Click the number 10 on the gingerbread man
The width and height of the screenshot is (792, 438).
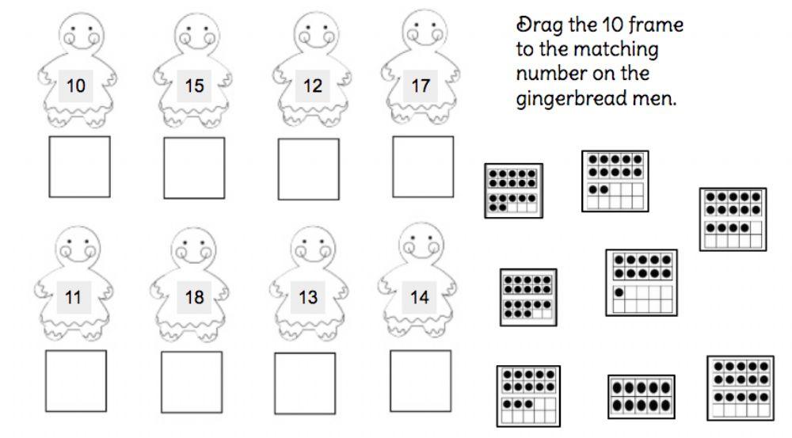pos(76,86)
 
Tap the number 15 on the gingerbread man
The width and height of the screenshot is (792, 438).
pos(194,86)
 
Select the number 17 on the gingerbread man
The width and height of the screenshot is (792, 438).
pos(420,85)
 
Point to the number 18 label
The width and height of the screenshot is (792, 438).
pos(194,298)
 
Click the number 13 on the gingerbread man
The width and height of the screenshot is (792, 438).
pos(308,298)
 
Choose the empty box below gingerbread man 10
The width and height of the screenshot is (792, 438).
pos(80,166)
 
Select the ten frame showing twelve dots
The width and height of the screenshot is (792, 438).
pos(615,181)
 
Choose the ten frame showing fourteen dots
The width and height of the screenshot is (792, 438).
pos(732,219)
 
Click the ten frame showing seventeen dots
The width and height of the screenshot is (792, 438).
pos(513,191)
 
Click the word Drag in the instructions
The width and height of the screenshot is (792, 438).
pos(537,24)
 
